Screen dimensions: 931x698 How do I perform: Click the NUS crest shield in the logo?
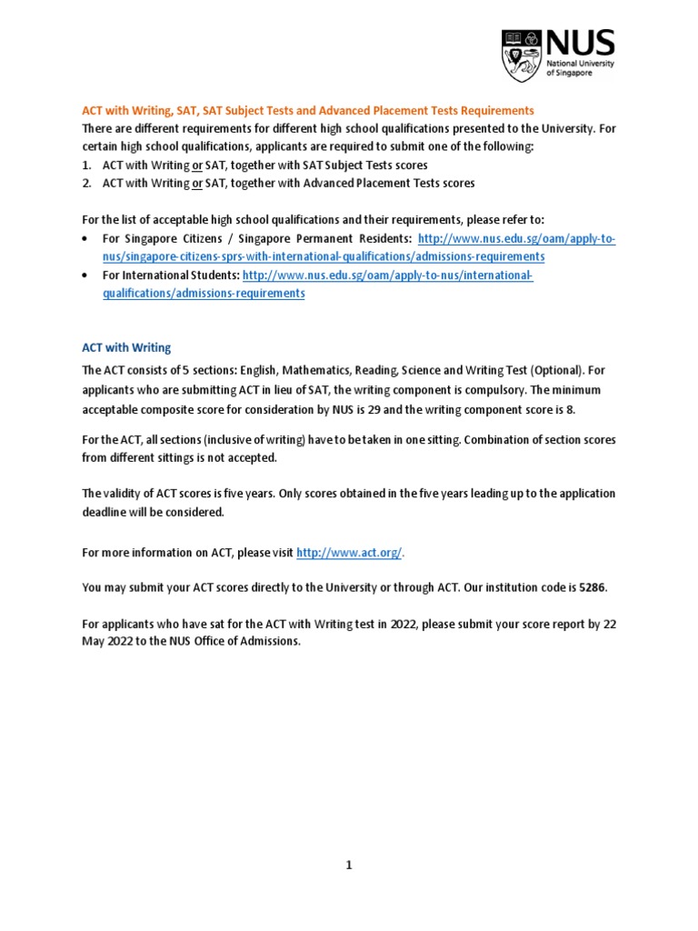(x=521, y=55)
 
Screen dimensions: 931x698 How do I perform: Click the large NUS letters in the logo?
(x=580, y=43)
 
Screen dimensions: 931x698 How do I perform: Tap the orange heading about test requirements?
(x=308, y=110)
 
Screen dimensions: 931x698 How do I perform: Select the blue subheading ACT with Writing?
(x=126, y=348)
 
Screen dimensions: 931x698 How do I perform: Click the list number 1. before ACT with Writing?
(x=87, y=165)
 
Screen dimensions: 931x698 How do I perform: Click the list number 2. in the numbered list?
(x=87, y=183)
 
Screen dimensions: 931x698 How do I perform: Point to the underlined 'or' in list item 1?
(x=196, y=165)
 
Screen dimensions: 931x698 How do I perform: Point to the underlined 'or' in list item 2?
(x=196, y=183)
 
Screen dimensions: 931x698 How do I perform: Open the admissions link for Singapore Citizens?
(x=515, y=238)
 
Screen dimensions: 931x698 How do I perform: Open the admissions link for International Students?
(x=387, y=275)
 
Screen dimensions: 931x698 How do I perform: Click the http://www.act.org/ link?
(x=349, y=553)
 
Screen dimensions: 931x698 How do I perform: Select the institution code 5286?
(x=592, y=587)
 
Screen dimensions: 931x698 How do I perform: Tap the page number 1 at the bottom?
(x=348, y=866)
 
